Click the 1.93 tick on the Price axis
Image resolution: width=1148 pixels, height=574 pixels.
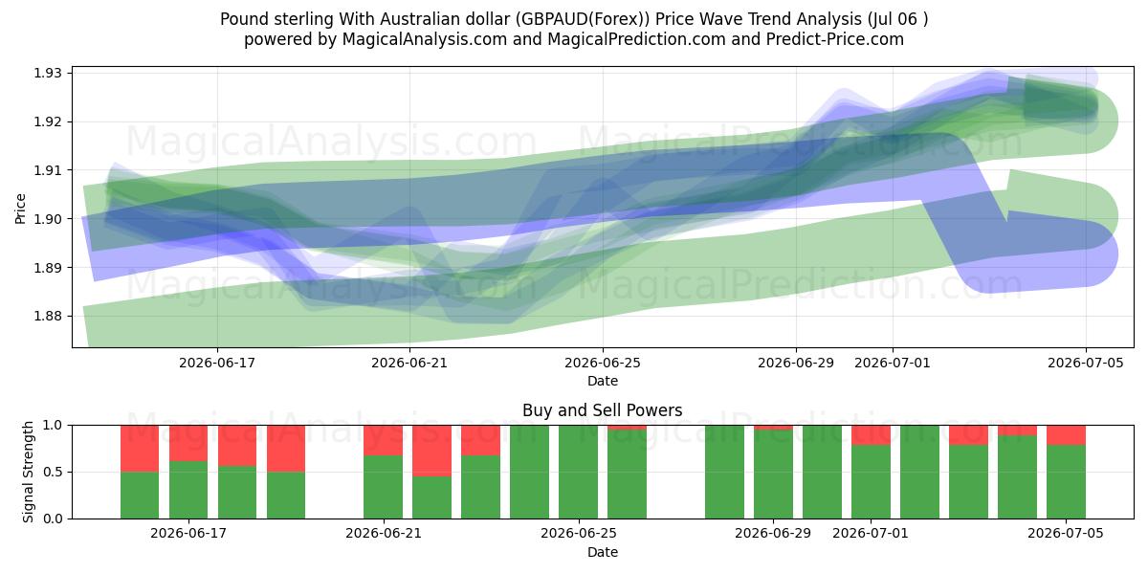47,74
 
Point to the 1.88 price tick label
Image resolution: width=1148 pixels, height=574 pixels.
47,317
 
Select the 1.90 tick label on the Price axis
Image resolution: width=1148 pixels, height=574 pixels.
47,219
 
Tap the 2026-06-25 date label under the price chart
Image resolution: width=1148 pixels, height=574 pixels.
603,364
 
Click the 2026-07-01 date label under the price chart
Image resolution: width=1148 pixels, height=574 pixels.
893,364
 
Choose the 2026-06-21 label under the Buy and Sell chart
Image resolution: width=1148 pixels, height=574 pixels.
384,534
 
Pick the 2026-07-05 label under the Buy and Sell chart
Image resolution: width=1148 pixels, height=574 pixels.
1066,534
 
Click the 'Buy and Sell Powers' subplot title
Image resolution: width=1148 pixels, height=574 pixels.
602,410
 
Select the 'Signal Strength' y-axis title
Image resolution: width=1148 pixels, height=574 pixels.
28,472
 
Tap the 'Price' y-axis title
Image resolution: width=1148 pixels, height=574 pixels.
20,209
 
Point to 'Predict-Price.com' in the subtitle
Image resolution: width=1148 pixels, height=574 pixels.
835,39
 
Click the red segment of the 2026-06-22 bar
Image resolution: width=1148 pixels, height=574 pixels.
432,451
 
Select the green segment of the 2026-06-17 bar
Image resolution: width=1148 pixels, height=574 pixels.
188,490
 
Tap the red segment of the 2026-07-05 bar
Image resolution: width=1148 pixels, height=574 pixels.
1066,435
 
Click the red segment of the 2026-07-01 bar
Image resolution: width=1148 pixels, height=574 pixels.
871,435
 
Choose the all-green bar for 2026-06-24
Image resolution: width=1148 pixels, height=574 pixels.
529,472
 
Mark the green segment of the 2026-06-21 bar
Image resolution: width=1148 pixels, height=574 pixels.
384,487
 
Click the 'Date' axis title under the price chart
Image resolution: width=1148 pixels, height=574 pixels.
603,382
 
